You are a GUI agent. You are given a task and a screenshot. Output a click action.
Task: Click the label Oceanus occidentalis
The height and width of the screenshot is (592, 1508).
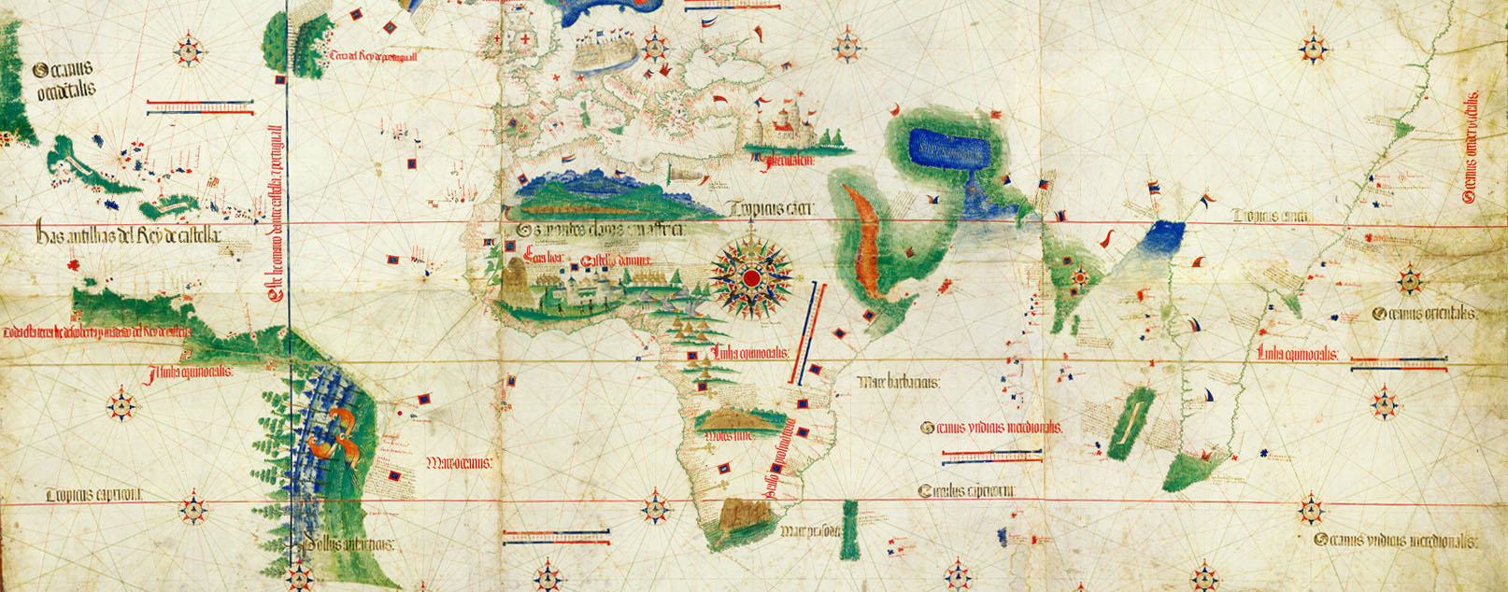pyautogui.click(x=64, y=80)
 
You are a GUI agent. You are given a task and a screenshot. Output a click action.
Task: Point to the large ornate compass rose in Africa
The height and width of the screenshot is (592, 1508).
pyautogui.click(x=751, y=276)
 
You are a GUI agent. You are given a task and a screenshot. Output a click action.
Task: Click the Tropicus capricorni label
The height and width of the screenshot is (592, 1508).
pyautogui.click(x=93, y=495)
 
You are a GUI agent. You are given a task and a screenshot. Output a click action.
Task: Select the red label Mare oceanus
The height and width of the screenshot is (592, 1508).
pyautogui.click(x=460, y=462)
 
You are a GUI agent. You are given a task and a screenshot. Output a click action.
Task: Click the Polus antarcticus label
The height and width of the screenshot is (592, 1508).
pyautogui.click(x=348, y=544)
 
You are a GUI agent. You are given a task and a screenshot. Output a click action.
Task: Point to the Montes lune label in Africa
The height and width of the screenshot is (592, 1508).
pyautogui.click(x=730, y=435)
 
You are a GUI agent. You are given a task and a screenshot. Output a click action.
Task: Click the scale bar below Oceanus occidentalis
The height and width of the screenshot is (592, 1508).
pyautogui.click(x=201, y=109)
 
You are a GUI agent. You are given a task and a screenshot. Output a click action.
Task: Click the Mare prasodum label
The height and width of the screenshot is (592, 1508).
pyautogui.click(x=808, y=532)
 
